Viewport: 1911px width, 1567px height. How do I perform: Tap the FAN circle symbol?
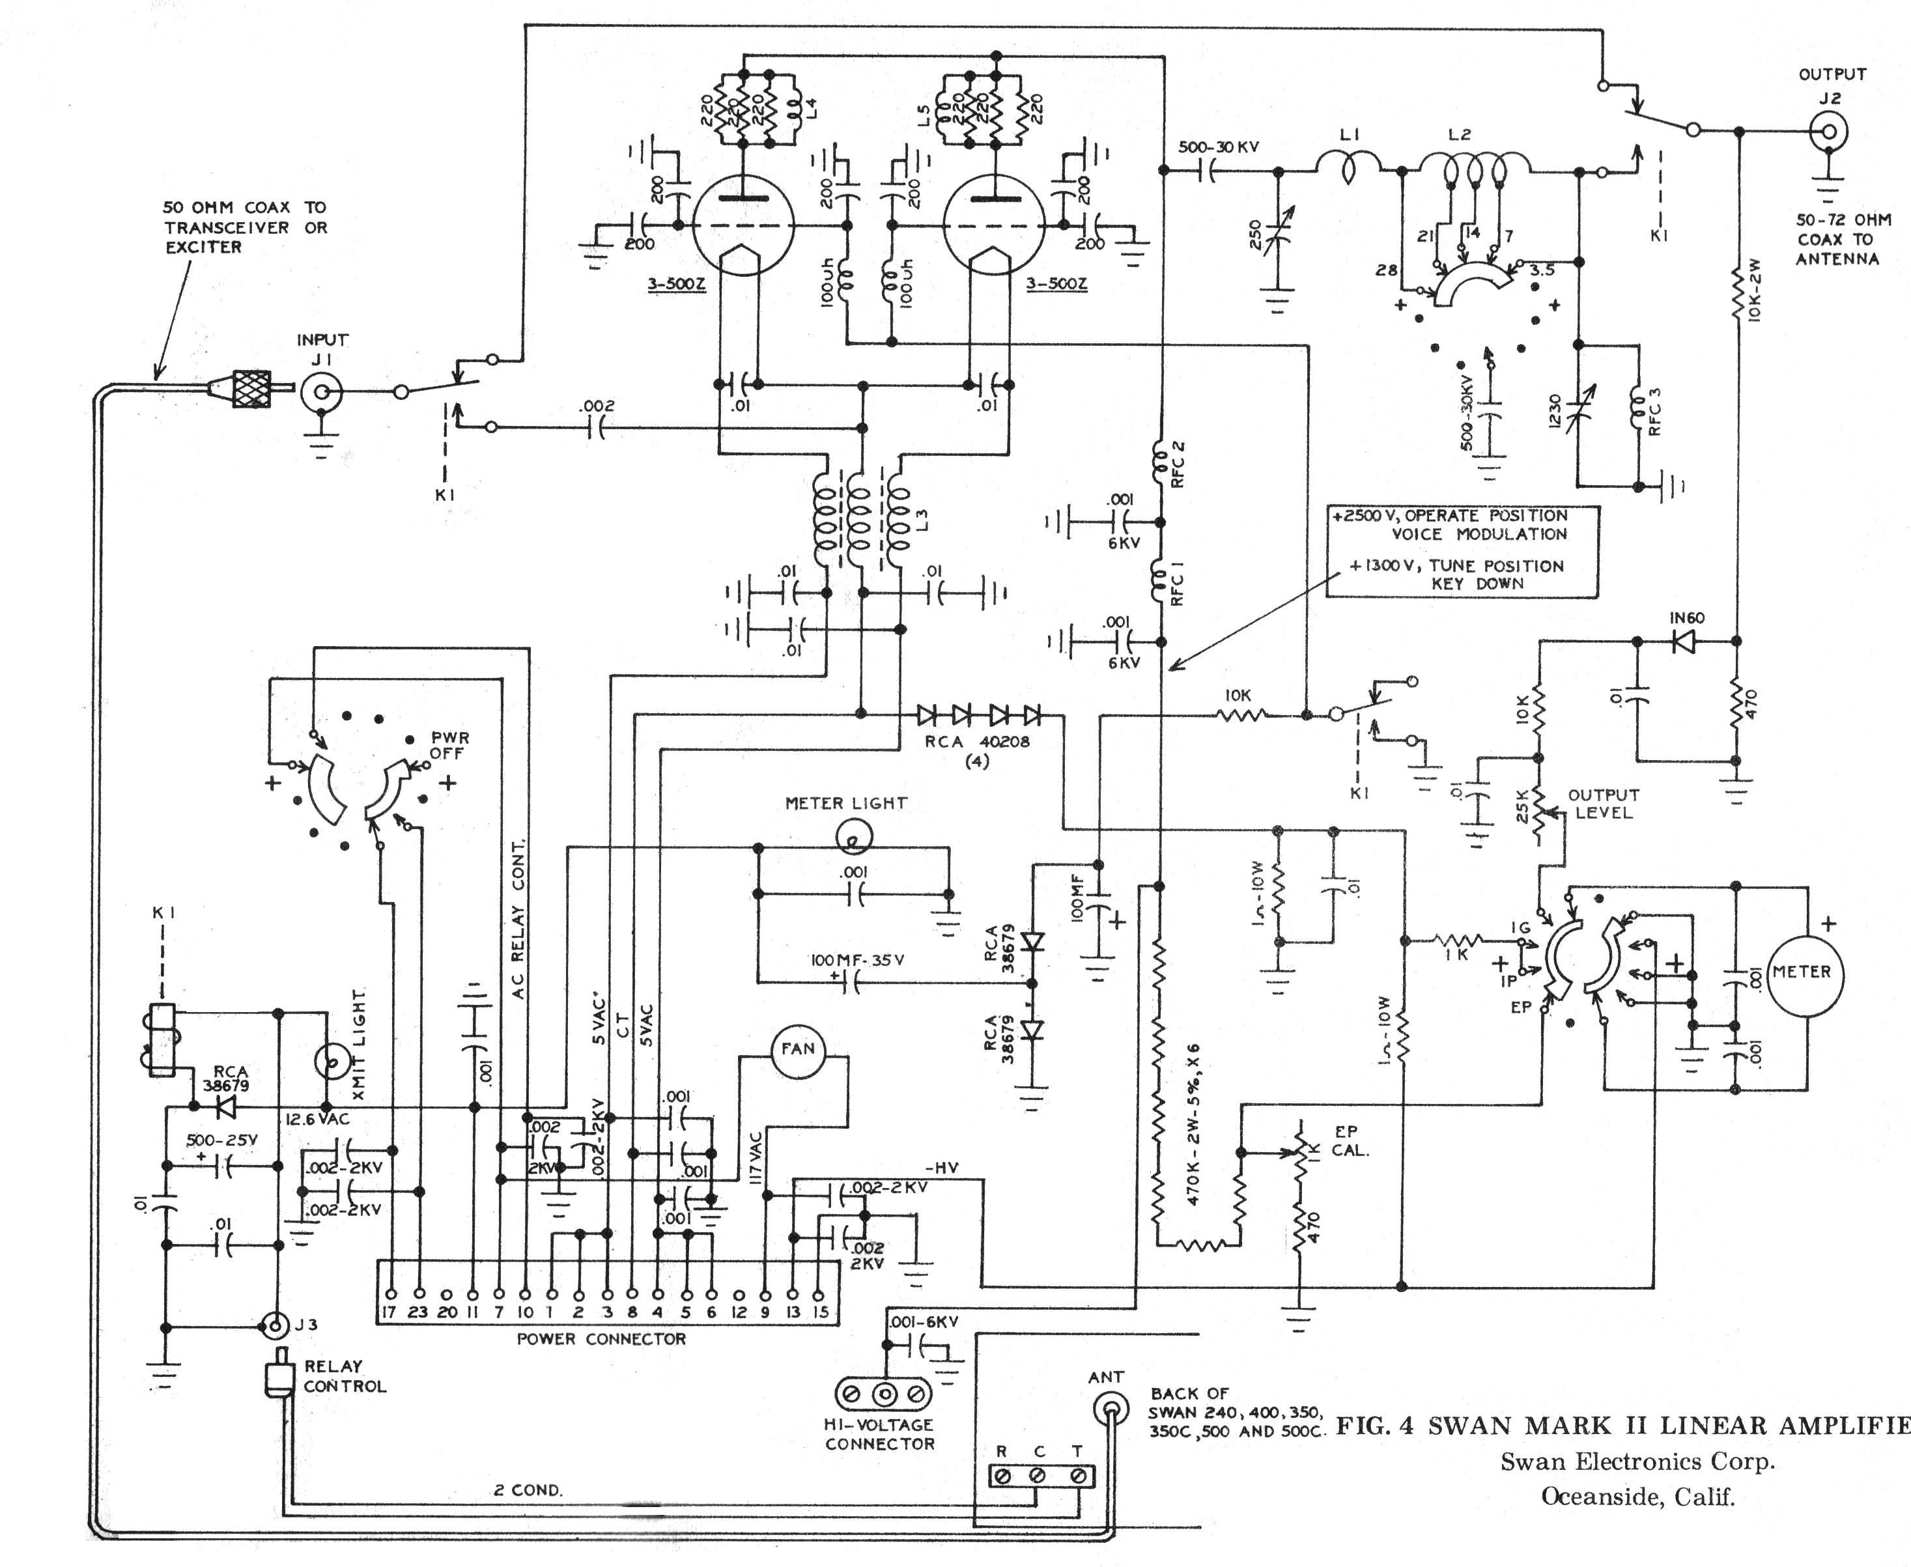point(798,1048)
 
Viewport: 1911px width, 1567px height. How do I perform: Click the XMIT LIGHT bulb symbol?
point(332,1062)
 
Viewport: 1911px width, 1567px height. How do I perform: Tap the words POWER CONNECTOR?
point(601,1338)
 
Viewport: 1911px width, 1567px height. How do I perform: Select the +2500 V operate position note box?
point(1462,550)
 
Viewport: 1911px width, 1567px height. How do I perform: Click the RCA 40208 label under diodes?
point(977,750)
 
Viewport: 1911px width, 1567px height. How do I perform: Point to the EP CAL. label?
point(1352,1141)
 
